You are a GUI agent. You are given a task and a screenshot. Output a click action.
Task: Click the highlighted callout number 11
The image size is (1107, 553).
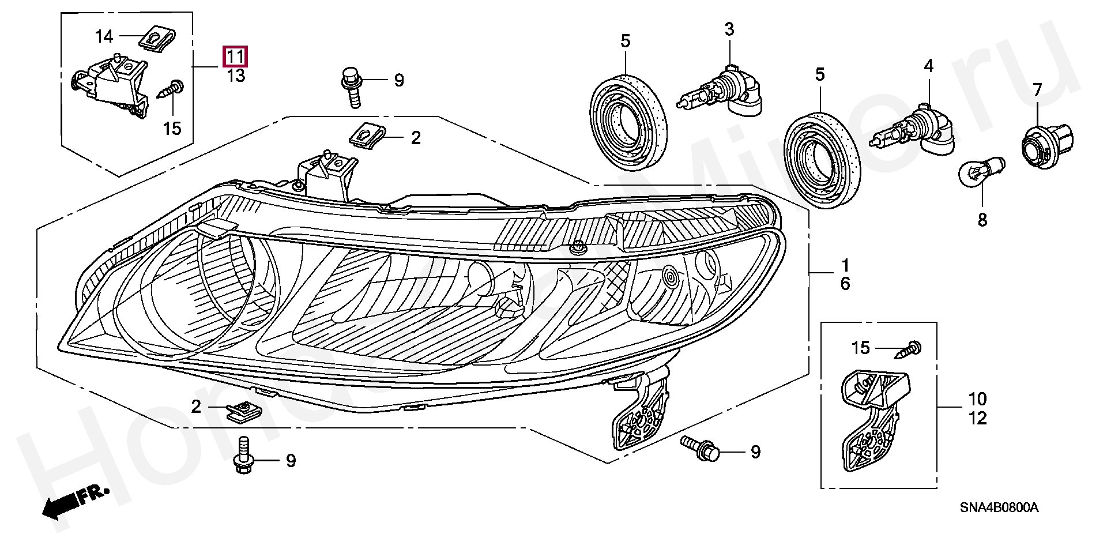coord(236,57)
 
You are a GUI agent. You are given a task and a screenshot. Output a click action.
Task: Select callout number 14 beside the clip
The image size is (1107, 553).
coord(104,37)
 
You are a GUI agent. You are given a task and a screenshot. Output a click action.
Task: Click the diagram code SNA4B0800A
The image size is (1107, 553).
coord(999,507)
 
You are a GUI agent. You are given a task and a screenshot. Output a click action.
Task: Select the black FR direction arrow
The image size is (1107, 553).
coord(66,499)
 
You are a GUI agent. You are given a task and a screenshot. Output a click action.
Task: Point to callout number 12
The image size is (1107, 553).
coord(978,418)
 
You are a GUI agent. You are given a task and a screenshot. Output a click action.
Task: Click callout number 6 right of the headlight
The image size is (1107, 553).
coord(845,284)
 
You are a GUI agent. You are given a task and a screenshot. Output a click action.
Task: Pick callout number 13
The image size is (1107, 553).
coord(236,76)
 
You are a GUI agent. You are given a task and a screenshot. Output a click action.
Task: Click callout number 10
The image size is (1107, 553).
coord(978,399)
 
